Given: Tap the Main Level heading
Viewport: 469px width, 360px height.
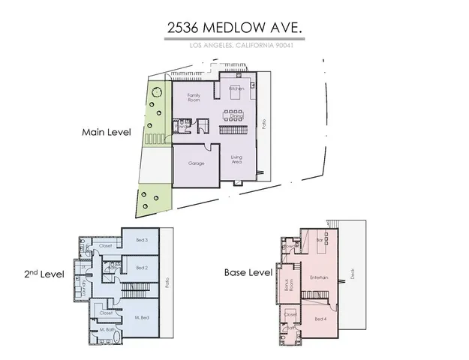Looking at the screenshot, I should click(107, 132).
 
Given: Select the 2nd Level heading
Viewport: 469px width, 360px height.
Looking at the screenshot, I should click(44, 274).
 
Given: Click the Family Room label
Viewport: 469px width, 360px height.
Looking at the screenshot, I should click(194, 97).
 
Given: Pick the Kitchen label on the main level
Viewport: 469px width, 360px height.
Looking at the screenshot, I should click(236, 88).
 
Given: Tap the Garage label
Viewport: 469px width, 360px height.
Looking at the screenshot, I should click(197, 163).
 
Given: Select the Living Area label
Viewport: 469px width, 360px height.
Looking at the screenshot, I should click(236, 158).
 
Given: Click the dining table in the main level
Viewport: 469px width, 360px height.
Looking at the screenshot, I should click(236, 115).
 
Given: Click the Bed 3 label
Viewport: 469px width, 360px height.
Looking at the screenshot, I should click(141, 240).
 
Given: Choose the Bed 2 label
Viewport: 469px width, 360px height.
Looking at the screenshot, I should click(141, 267).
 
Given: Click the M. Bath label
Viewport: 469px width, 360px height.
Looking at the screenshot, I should click(107, 329).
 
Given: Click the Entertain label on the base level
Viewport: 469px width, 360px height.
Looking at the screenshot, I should click(320, 277).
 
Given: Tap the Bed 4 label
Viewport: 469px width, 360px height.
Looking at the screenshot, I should click(320, 319).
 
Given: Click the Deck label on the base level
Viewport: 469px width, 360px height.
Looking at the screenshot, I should click(352, 274).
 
